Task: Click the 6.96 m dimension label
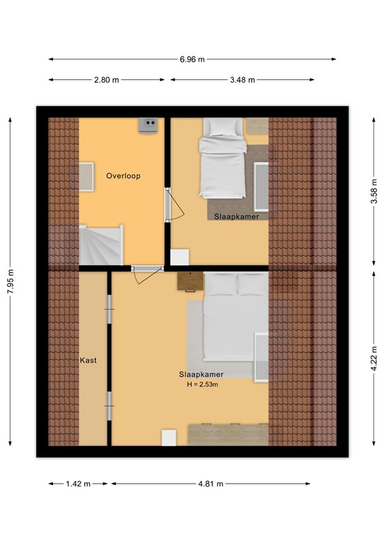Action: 192,59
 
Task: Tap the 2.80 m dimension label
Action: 106,80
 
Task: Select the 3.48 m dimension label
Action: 243,80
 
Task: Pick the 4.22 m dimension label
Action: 374,358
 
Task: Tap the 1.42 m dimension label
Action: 78,484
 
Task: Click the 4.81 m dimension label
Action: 211,484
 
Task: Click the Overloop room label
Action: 123,176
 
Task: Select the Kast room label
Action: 88,361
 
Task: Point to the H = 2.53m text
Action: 202,384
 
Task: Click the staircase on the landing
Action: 101,245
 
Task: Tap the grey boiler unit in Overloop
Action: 148,124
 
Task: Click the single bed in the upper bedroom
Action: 222,158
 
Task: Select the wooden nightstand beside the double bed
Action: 190,281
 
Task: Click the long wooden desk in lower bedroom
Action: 228,435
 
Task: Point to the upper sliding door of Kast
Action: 110,309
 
